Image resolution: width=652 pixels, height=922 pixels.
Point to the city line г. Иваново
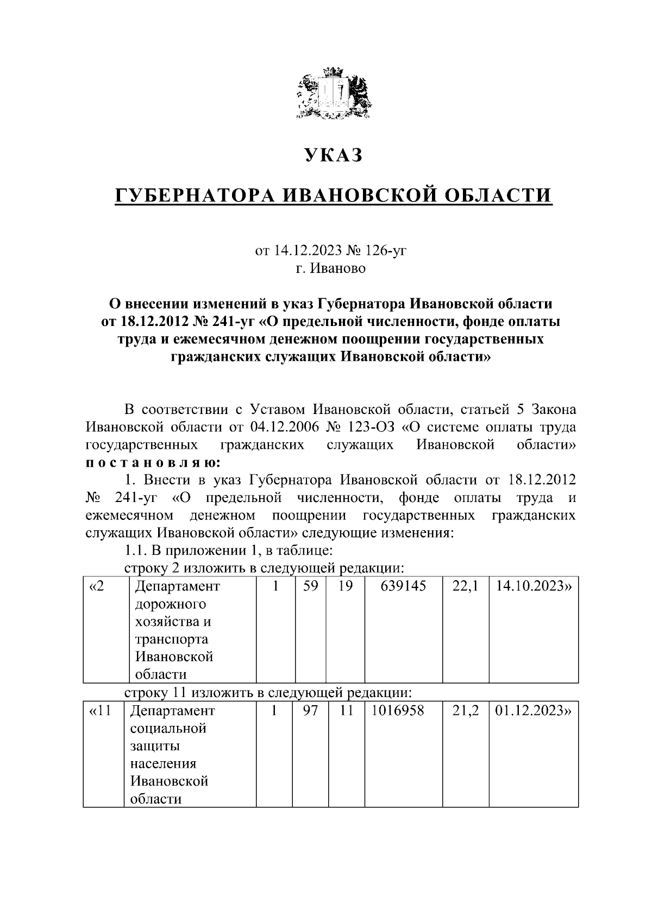click(331, 268)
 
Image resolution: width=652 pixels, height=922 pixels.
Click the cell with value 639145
click(403, 586)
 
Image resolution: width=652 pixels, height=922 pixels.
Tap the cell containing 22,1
click(466, 586)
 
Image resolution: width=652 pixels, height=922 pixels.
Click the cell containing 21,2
click(466, 711)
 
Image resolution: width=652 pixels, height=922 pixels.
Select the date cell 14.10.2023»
click(533, 586)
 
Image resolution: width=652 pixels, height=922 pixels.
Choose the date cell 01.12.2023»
click(533, 711)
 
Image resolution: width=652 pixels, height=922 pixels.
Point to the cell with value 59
click(310, 586)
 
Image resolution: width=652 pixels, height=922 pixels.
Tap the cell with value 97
click(310, 711)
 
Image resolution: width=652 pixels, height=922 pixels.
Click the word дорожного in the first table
click(170, 604)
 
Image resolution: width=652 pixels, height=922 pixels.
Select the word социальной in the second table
click(168, 729)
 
